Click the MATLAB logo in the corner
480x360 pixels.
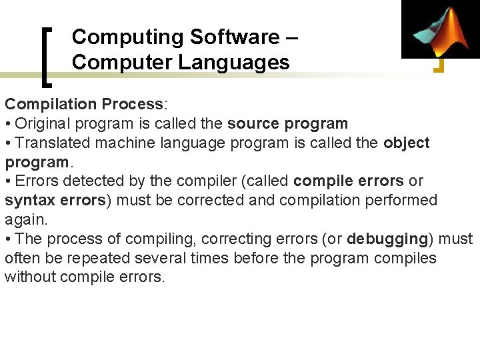tap(440, 29)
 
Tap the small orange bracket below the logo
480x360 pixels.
tap(439, 65)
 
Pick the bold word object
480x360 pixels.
tap(407, 143)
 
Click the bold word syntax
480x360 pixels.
tap(30, 200)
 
